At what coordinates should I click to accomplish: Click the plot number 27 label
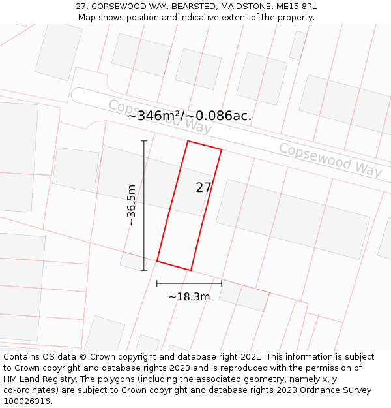click(203, 187)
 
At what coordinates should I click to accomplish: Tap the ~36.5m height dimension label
click(132, 205)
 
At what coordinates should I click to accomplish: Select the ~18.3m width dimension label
click(189, 297)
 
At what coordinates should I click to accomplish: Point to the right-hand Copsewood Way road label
click(330, 159)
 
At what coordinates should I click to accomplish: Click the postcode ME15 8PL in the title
click(296, 6)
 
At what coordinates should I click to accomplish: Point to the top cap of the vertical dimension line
click(144, 141)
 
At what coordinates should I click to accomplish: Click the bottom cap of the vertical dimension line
click(144, 270)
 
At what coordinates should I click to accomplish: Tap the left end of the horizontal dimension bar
click(157, 283)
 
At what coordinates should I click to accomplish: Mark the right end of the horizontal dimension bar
click(222, 283)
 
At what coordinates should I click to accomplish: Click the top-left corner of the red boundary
click(188, 141)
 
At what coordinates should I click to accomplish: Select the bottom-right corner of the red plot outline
click(190, 270)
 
